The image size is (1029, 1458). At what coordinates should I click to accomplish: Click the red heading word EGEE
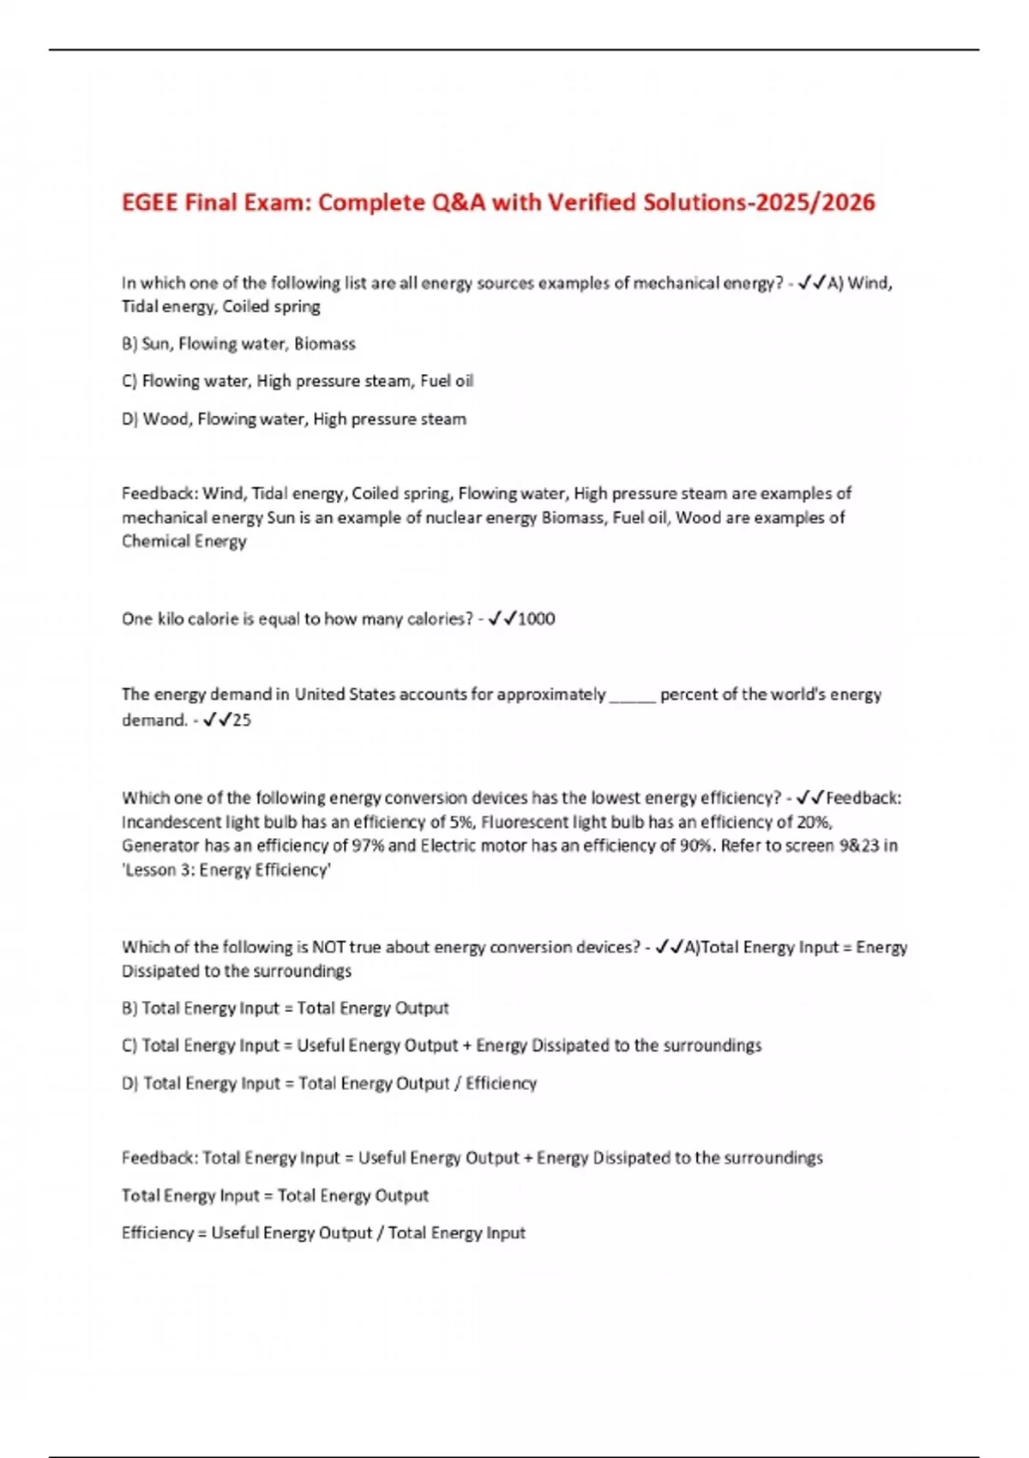click(x=150, y=202)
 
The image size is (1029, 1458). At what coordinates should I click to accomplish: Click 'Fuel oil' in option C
click(x=446, y=381)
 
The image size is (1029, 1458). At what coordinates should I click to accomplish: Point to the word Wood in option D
click(x=165, y=419)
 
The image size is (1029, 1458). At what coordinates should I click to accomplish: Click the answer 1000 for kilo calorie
click(x=537, y=619)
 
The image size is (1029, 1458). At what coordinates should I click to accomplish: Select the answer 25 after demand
click(x=242, y=720)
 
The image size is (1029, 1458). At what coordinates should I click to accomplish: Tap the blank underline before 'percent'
click(x=632, y=696)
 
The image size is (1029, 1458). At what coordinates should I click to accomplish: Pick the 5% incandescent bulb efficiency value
click(x=460, y=822)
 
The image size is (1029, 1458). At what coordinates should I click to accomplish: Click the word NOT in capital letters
click(x=328, y=948)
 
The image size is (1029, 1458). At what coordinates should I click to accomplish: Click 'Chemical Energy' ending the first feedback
click(x=184, y=541)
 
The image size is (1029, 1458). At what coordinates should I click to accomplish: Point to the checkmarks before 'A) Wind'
click(x=811, y=283)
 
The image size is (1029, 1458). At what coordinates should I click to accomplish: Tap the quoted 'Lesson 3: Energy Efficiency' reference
click(x=226, y=870)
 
